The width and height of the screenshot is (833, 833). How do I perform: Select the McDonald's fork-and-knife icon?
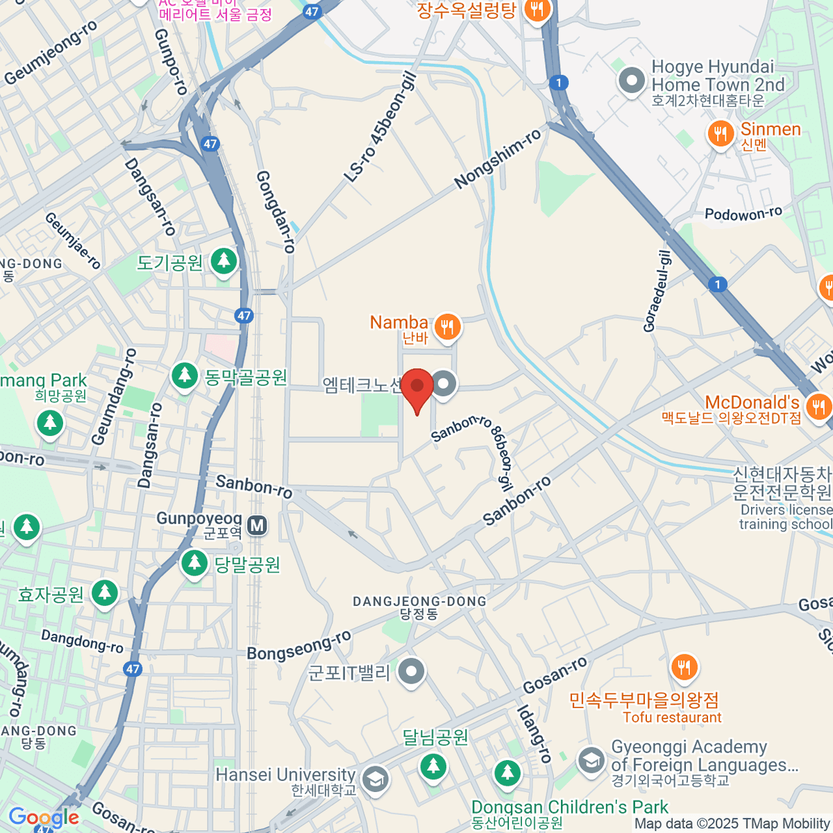click(819, 405)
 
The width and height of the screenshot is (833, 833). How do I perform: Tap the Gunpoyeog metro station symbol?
click(258, 525)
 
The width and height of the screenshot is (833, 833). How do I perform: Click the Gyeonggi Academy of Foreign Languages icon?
click(591, 759)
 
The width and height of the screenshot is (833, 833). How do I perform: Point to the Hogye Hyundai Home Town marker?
click(632, 80)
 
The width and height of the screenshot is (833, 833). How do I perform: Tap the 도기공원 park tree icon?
click(224, 261)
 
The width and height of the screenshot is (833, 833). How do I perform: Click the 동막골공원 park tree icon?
click(185, 376)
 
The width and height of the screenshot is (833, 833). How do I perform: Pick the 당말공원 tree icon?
click(194, 563)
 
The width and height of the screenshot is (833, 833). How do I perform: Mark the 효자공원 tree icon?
click(105, 593)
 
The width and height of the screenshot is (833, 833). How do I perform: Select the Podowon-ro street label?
click(743, 214)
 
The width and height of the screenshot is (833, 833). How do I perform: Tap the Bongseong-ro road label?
click(299, 646)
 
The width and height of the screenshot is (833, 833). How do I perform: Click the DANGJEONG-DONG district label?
click(419, 601)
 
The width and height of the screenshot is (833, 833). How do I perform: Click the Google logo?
click(43, 818)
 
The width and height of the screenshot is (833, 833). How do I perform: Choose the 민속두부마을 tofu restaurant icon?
click(684, 667)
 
